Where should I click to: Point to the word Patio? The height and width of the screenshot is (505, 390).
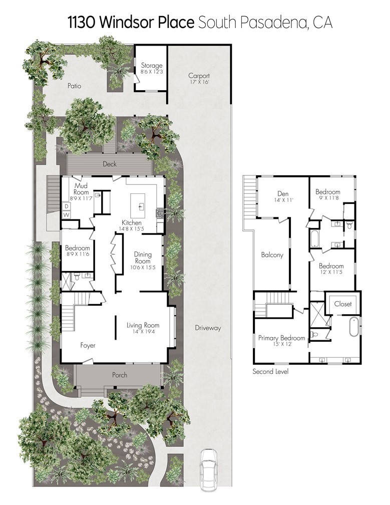point(74,86)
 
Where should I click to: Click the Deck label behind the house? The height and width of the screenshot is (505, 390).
point(109,164)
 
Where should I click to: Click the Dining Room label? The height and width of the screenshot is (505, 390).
point(142,258)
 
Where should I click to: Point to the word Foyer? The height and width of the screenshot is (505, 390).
point(88,345)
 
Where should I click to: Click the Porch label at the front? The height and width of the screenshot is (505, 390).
point(119,375)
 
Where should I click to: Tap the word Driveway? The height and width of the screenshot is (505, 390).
point(207,328)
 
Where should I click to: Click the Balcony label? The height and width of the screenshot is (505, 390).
point(272,255)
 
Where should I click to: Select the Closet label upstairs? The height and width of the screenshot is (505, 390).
point(343,304)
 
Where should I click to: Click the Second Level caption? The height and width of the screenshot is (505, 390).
point(270,371)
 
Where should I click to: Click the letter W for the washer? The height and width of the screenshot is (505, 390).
point(66,215)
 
